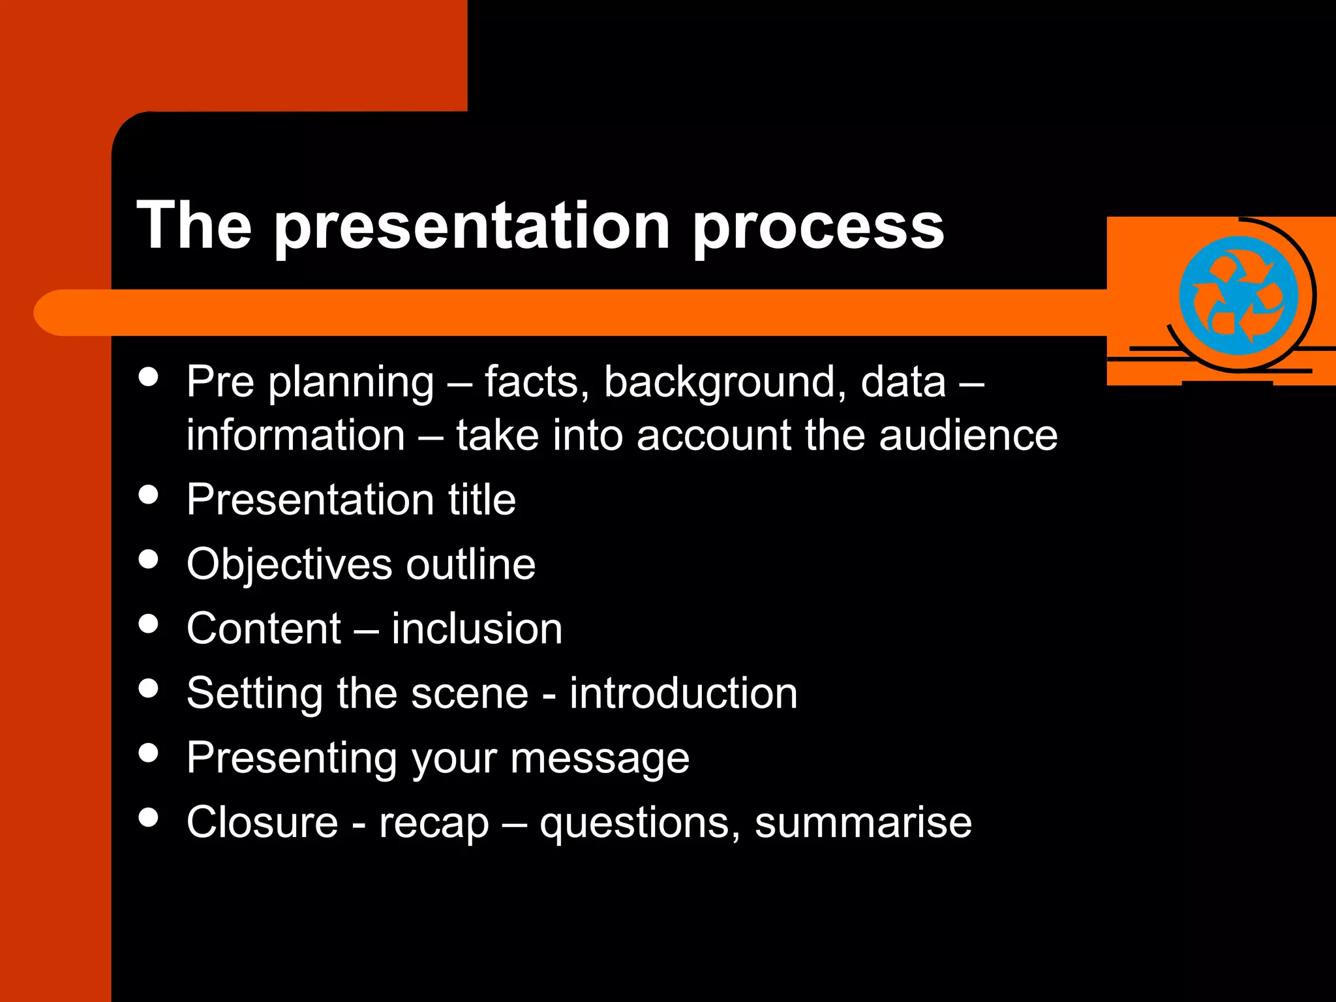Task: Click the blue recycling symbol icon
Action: coord(1237,296)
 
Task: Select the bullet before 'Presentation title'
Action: coord(149,494)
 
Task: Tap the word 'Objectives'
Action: coord(289,565)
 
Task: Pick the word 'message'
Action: coord(600,759)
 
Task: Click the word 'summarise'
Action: coord(863,823)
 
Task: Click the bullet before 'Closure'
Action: coord(149,817)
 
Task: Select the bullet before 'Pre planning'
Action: coord(149,376)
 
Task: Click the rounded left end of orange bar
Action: coord(52,312)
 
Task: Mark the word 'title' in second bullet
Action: coord(481,500)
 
